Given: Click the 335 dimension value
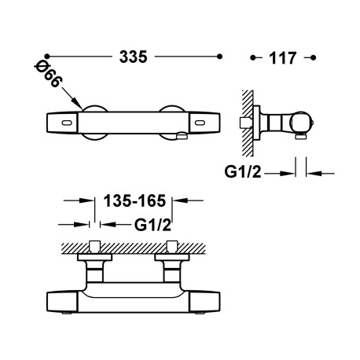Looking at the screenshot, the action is click(133, 57).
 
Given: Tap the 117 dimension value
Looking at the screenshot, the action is click(282, 58).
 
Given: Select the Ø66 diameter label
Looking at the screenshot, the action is click(48, 75).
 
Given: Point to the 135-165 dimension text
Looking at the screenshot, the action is click(134, 201).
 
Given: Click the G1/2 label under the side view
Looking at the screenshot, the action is click(243, 172).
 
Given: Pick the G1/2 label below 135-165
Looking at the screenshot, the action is click(152, 225).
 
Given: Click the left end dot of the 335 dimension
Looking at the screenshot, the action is click(47, 56).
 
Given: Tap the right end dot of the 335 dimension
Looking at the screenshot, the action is click(220, 57).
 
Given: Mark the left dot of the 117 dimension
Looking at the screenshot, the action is click(252, 57).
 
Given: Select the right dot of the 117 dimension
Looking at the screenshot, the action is click(313, 57).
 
